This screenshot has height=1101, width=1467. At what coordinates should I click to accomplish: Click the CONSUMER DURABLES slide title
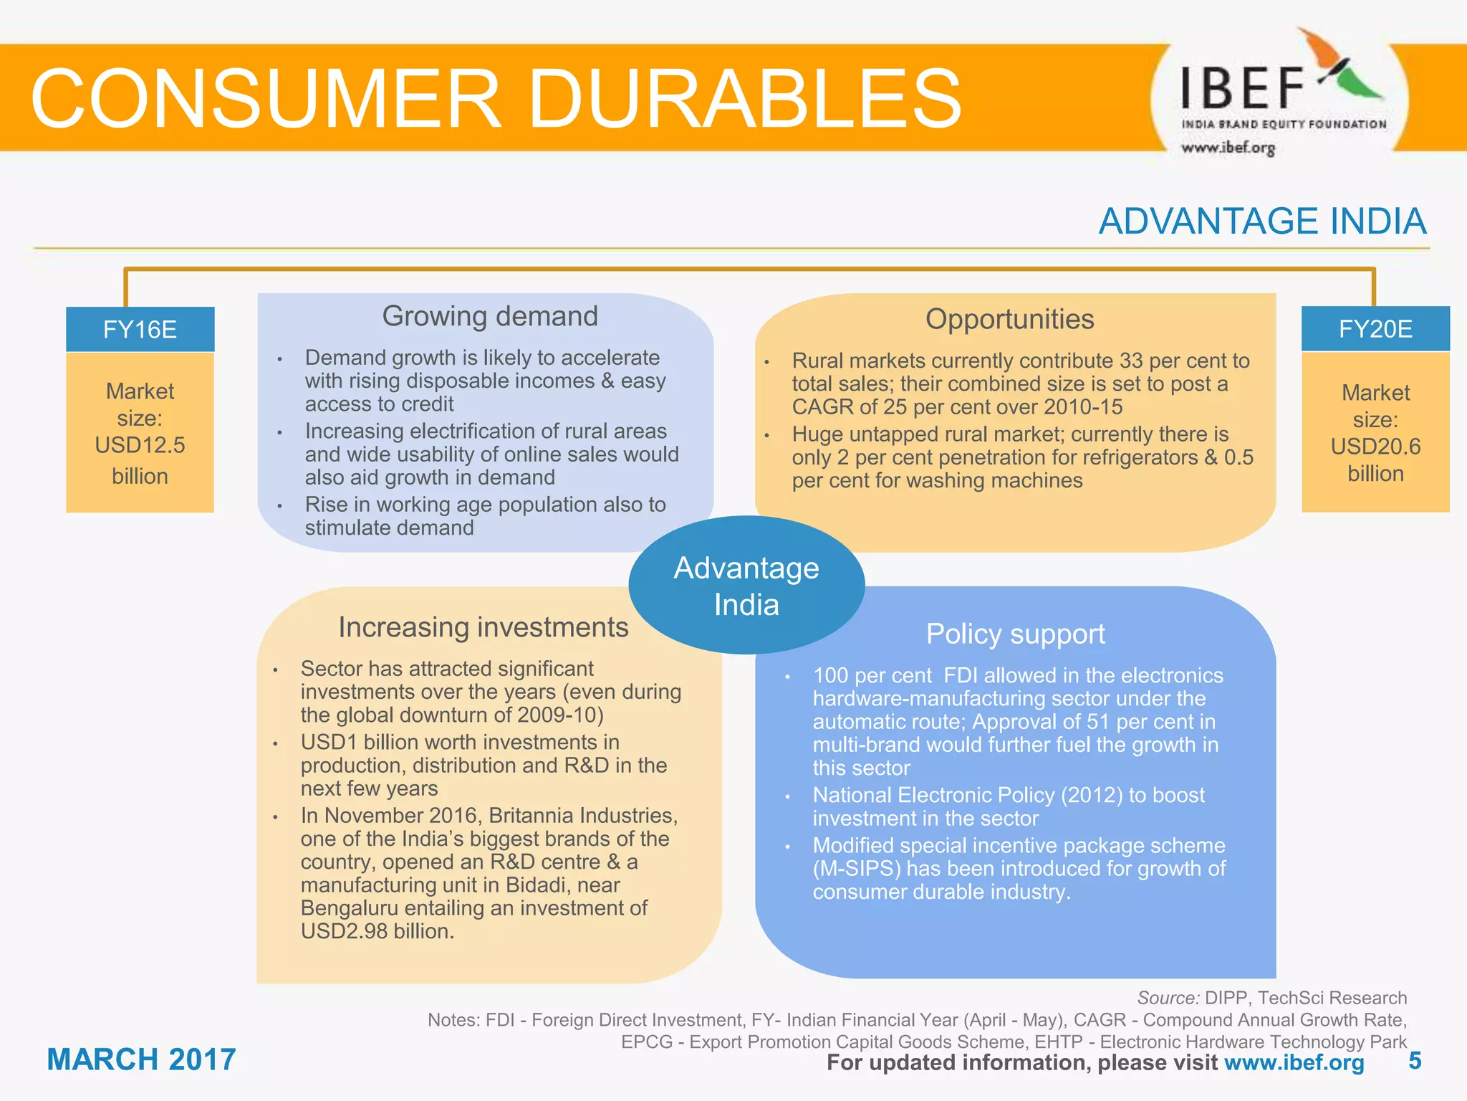496,98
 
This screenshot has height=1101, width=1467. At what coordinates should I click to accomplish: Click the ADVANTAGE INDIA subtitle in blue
1262,221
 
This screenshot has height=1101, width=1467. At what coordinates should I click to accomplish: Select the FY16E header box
140,330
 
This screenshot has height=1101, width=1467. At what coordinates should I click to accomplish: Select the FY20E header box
1375,329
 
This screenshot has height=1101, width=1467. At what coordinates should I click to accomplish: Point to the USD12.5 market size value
140,445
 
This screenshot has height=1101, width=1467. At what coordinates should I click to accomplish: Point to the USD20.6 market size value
1375,447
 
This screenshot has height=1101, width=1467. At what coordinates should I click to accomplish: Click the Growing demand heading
490,316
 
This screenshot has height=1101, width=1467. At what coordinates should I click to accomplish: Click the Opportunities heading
1009,319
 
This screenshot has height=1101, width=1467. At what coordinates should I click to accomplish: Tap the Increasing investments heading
484,627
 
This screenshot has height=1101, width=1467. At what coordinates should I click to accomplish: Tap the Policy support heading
1015,634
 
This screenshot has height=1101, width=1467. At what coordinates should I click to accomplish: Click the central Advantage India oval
746,586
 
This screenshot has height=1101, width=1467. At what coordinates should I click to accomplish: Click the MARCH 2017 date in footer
141,1059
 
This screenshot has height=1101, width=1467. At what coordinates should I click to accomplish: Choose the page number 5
1415,1061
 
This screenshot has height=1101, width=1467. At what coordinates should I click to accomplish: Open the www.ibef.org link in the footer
1294,1062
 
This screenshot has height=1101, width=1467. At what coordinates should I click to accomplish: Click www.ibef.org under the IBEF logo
1228,148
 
